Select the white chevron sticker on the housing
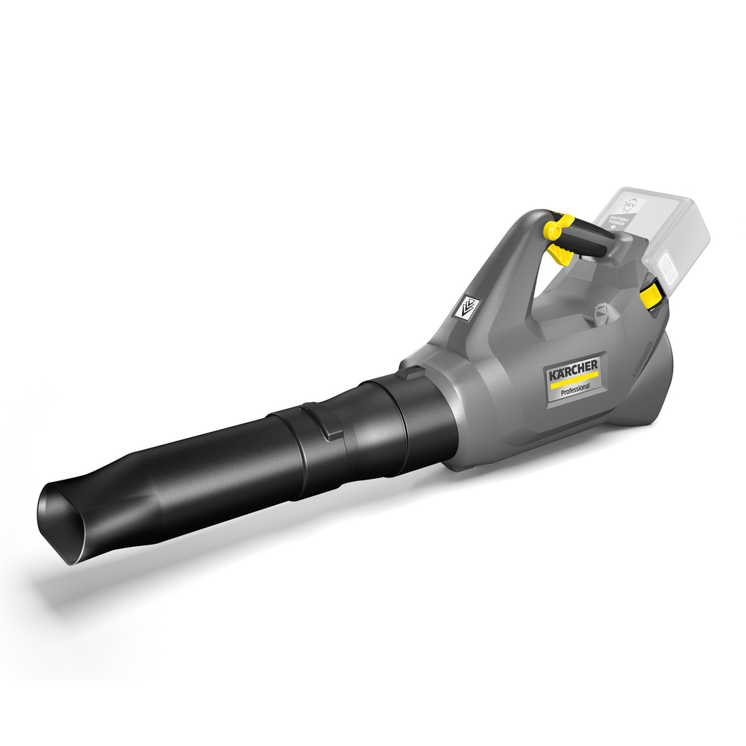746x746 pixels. pyautogui.click(x=468, y=306)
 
